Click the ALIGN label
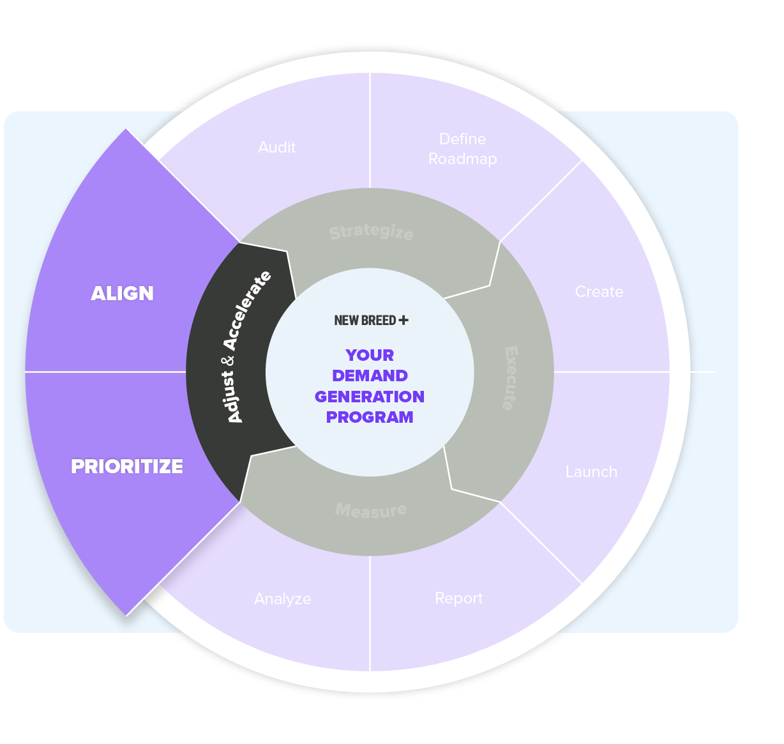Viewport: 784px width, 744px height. coord(122,293)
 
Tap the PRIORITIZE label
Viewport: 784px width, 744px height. coord(126,466)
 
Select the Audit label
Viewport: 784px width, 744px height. coord(276,148)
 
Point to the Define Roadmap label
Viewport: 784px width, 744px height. coord(462,149)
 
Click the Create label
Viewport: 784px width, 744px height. coord(598,292)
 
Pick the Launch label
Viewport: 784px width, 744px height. coord(591,472)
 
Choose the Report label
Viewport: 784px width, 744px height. coord(458,598)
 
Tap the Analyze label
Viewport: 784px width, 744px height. coord(282,599)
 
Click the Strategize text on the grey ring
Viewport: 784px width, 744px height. coord(371,232)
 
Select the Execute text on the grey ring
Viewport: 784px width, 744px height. coord(511,378)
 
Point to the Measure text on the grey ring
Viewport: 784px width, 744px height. coord(371,510)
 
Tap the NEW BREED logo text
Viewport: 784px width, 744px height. coord(365,321)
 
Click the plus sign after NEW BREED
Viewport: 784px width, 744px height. coord(403,320)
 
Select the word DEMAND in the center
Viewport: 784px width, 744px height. coord(370,376)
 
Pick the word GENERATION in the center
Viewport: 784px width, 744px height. coord(370,397)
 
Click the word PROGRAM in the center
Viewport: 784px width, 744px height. coord(370,417)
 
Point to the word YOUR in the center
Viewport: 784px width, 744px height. coord(370,355)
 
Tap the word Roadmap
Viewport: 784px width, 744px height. coord(462,159)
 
